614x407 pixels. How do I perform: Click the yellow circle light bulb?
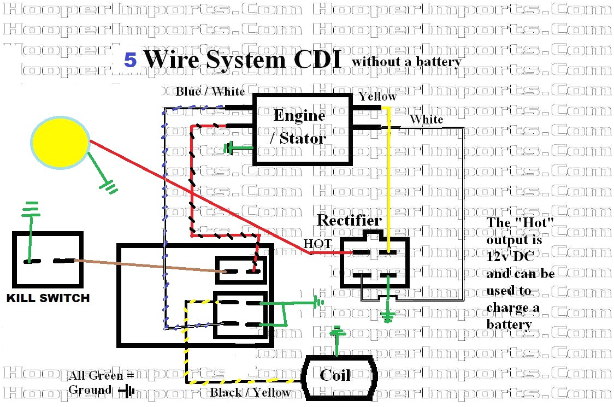tap(60, 140)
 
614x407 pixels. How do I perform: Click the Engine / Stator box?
tap(302, 129)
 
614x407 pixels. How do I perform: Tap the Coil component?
tap(335, 376)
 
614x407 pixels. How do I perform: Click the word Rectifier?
tap(349, 221)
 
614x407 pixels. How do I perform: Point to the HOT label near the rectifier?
tap(317, 244)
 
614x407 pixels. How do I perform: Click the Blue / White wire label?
tap(210, 92)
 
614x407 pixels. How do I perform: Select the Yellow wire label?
tap(377, 96)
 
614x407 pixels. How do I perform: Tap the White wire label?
tap(426, 119)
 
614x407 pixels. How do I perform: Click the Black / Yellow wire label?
tap(250, 392)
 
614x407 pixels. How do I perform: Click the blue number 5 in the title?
tap(130, 60)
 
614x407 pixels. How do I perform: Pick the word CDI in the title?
tap(317, 59)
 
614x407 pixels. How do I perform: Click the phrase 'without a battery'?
tap(407, 62)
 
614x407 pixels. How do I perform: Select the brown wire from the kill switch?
tap(147, 266)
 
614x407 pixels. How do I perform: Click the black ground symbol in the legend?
tap(129, 391)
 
